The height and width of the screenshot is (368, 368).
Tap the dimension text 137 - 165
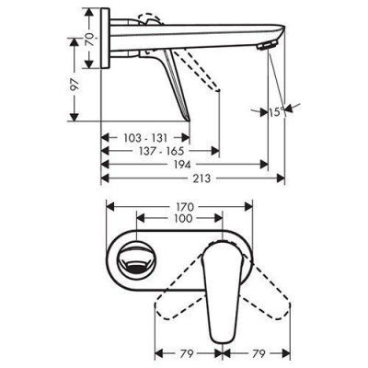pos(160,150)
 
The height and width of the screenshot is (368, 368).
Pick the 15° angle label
pos(276,114)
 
